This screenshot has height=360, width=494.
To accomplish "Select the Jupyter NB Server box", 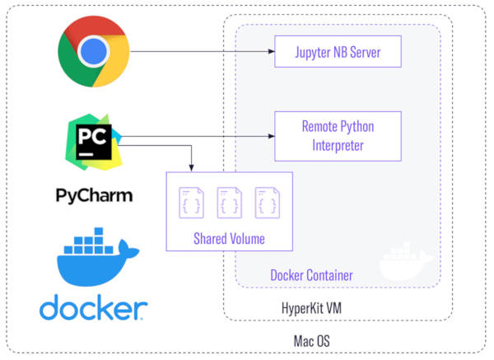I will click(338, 54).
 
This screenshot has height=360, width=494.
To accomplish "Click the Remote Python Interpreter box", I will click(338, 136).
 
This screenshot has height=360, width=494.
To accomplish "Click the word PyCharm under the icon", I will click(94, 195).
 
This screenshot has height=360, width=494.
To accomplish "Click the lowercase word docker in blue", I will click(94, 309).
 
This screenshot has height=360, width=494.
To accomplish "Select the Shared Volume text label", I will click(230, 239).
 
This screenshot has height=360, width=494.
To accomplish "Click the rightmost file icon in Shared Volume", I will click(266, 203).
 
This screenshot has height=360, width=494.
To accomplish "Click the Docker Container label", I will click(312, 274).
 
